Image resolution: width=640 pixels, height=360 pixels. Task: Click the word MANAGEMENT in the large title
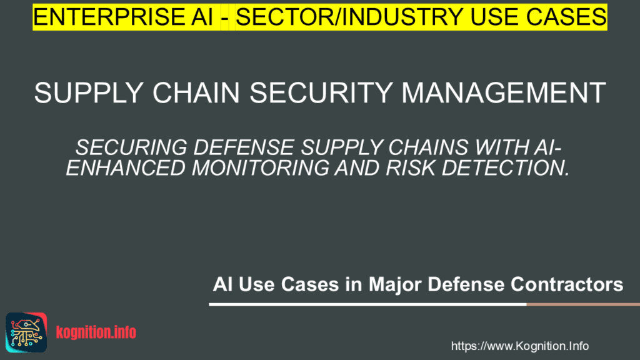[504, 94]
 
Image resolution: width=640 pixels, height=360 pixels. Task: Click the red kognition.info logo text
[96, 332]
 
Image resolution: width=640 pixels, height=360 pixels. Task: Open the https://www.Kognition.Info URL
[519, 346]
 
